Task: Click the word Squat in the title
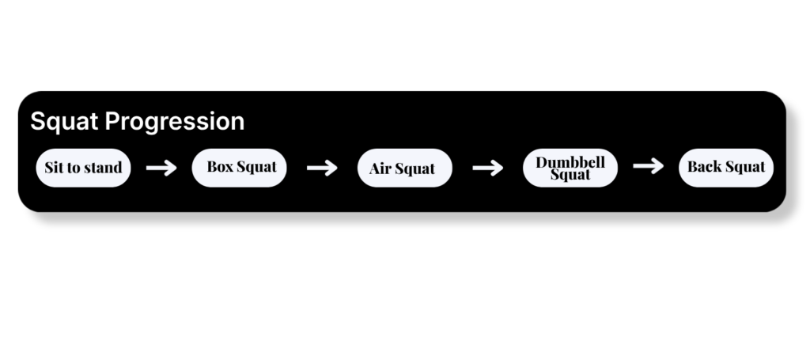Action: click(64, 122)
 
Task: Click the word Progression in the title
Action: click(175, 122)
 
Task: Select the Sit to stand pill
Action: click(83, 168)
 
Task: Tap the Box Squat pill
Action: click(239, 168)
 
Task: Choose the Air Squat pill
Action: click(404, 168)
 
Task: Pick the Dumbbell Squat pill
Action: click(570, 168)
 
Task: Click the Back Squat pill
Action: click(726, 168)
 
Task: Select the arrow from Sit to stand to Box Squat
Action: click(161, 168)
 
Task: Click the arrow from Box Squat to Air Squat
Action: click(322, 168)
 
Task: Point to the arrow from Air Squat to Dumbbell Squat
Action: click(487, 168)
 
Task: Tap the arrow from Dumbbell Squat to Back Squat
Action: click(649, 166)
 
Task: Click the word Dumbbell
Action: click(570, 162)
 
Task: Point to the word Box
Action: click(220, 166)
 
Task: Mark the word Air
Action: click(380, 169)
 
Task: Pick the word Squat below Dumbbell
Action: click(570, 175)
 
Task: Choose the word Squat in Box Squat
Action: click(257, 167)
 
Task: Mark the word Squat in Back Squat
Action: click(745, 167)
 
